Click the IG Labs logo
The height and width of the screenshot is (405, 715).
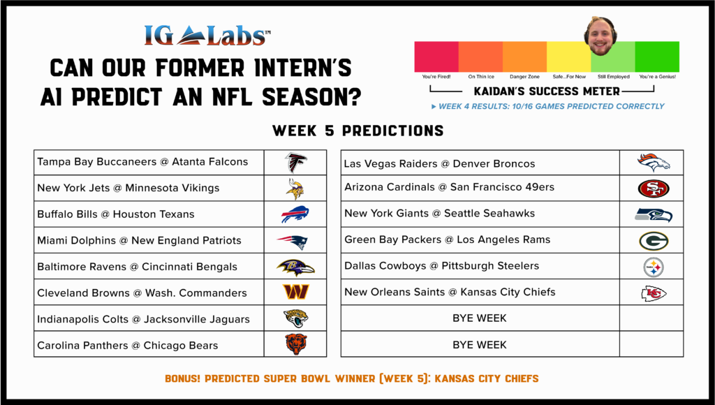pyautogui.click(x=207, y=36)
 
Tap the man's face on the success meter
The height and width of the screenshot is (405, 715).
pyautogui.click(x=600, y=36)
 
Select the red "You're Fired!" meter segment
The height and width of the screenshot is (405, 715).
pyautogui.click(x=436, y=57)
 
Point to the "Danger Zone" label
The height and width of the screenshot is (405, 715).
pyautogui.click(x=524, y=77)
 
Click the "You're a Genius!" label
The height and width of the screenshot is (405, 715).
pyautogui.click(x=657, y=77)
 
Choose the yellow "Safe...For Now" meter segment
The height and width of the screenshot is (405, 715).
pyautogui.click(x=568, y=57)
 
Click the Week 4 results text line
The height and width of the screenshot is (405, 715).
pyautogui.click(x=547, y=106)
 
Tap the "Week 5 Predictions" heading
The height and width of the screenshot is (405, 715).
pyautogui.click(x=358, y=131)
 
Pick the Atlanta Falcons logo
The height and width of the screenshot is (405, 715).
pyautogui.click(x=296, y=163)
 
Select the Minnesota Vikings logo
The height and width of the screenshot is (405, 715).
pyautogui.click(x=295, y=189)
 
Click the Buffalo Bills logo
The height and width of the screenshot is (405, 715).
pyautogui.click(x=295, y=214)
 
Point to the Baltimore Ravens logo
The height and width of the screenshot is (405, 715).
pyautogui.click(x=295, y=267)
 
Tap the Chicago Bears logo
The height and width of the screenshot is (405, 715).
pyautogui.click(x=296, y=344)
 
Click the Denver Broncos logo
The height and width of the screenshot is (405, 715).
pyautogui.click(x=654, y=163)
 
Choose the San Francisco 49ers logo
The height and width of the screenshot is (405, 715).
pyautogui.click(x=654, y=189)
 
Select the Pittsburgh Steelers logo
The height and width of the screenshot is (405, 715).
pyautogui.click(x=654, y=267)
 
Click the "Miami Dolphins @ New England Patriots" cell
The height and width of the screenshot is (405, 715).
pyautogui.click(x=149, y=240)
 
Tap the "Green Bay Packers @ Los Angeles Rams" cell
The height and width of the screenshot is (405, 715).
pyautogui.click(x=480, y=240)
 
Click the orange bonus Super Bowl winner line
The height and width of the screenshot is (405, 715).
pyautogui.click(x=352, y=378)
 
